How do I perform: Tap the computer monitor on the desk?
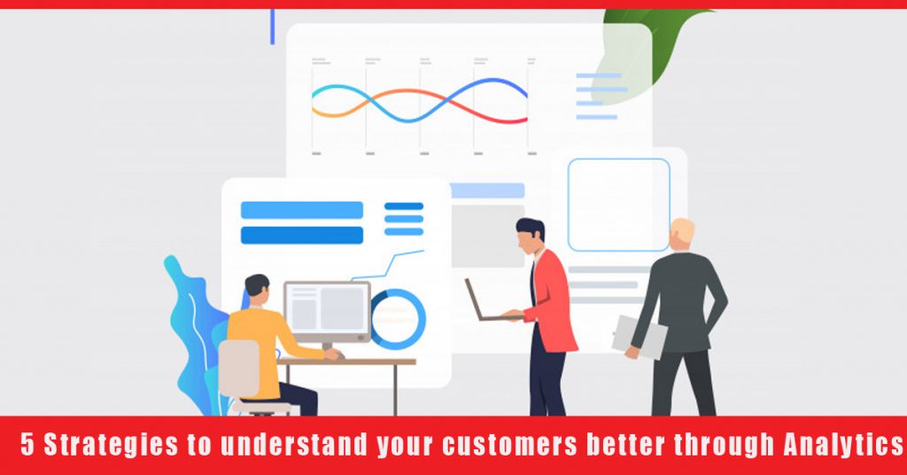click(x=326, y=310)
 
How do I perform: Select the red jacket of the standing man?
click(x=554, y=301)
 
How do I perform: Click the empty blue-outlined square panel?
click(x=618, y=205)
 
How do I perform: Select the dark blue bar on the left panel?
click(x=301, y=235)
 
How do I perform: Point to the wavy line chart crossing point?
click(x=420, y=104)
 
